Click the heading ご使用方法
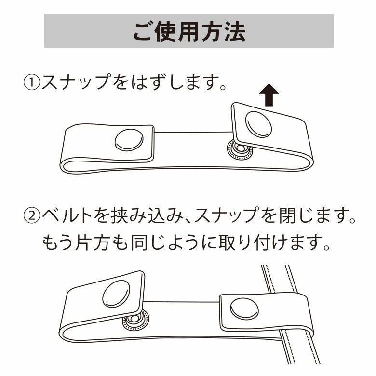tap(189, 32)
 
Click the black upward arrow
tap(269, 95)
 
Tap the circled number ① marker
tap(31, 82)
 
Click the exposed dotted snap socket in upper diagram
tap(240, 149)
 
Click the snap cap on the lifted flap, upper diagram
tap(259, 124)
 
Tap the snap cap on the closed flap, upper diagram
tap(129, 140)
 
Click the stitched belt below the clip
tap(300, 350)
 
